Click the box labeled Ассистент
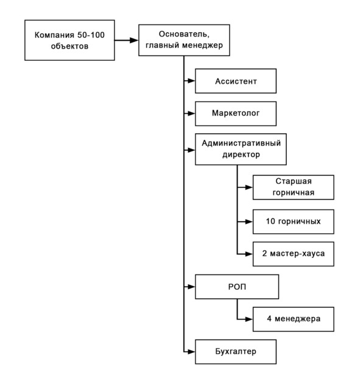[236, 81]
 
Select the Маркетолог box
[236, 114]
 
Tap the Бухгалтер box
[236, 352]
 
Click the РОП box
[237, 287]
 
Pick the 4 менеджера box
[294, 319]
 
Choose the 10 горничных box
[294, 222]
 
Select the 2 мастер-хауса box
[294, 254]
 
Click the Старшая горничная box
[294, 187]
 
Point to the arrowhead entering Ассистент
[191, 80]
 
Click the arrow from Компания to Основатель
[127, 40]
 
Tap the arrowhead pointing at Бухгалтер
[191, 352]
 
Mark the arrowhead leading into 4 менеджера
[249, 319]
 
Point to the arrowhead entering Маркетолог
[191, 114]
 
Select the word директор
[241, 155]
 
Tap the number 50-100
[91, 35]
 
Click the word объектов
[69, 46]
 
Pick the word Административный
[241, 143]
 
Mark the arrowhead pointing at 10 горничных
[249, 222]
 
